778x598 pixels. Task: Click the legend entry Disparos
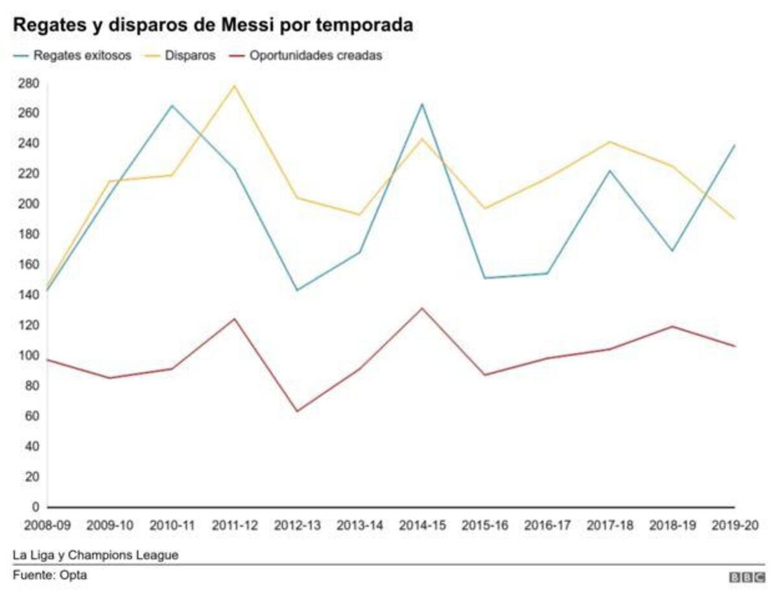pyautogui.click(x=189, y=56)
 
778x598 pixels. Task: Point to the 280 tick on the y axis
pyautogui.click(x=29, y=84)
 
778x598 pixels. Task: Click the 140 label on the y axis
pyautogui.click(x=29, y=295)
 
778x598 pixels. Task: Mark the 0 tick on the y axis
pyautogui.click(x=36, y=507)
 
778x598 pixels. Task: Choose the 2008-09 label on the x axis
pyautogui.click(x=48, y=525)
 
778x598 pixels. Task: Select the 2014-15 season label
pyautogui.click(x=422, y=525)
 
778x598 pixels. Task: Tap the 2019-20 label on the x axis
pyautogui.click(x=735, y=525)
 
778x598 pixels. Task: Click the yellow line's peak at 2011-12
pyautogui.click(x=235, y=86)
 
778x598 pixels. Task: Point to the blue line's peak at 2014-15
pyautogui.click(x=422, y=104)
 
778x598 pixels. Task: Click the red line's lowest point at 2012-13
pyautogui.click(x=298, y=411)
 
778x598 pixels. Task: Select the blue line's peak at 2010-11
pyautogui.click(x=172, y=105)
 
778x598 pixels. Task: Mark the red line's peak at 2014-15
pyautogui.click(x=422, y=308)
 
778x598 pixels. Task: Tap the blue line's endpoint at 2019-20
pyautogui.click(x=735, y=145)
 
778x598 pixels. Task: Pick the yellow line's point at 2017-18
pyautogui.click(x=609, y=142)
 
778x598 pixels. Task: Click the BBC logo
pyautogui.click(x=747, y=577)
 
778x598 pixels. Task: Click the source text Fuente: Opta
pyautogui.click(x=50, y=575)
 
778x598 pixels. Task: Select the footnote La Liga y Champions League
pyautogui.click(x=95, y=555)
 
